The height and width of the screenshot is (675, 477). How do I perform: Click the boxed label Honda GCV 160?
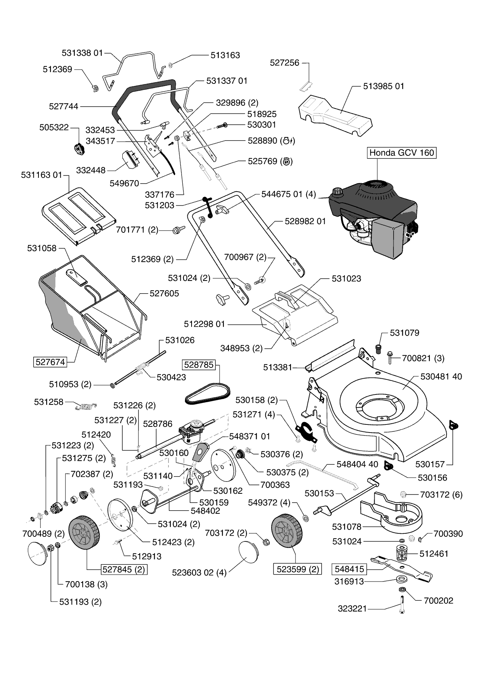pyautogui.click(x=402, y=153)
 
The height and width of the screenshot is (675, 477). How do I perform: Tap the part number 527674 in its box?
pyautogui.click(x=50, y=362)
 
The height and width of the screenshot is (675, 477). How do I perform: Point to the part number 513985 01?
pyautogui.click(x=384, y=86)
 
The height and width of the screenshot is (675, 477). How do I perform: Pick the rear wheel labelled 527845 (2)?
pyautogui.click(x=84, y=534)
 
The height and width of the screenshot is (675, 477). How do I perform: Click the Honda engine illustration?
pyautogui.click(x=372, y=220)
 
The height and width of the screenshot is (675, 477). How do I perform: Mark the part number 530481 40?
pyautogui.click(x=441, y=376)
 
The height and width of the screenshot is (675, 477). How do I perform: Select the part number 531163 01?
pyautogui.click(x=42, y=175)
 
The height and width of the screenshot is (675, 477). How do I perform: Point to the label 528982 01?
pyautogui.click(x=305, y=221)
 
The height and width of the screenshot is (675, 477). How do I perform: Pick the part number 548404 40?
pyautogui.click(x=357, y=464)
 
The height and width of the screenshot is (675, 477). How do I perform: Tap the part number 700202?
pyautogui.click(x=439, y=601)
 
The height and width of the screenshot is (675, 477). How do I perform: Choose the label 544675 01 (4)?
pyautogui.click(x=289, y=194)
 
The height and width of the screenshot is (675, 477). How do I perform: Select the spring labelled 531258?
pyautogui.click(x=86, y=405)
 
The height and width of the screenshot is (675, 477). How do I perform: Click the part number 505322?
pyautogui.click(x=54, y=127)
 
